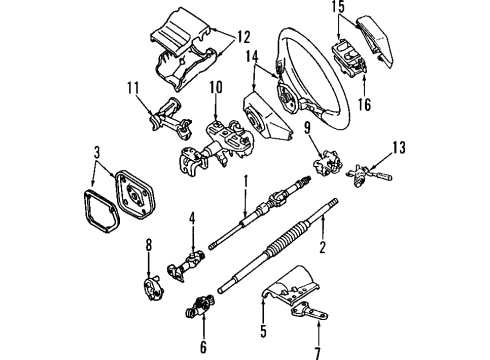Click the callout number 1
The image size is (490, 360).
244,180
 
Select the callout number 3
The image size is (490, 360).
96,152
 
